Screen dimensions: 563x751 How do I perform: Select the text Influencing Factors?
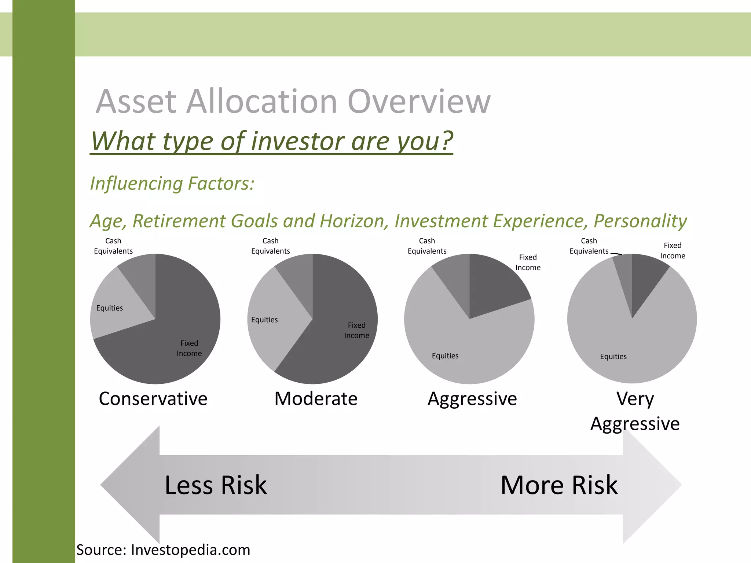point(172,183)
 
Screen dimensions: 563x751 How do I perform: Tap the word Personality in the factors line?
point(640,221)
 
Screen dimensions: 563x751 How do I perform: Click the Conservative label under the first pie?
point(153,398)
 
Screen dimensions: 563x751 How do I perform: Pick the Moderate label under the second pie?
point(316,398)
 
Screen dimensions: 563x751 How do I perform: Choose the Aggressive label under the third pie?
point(472,398)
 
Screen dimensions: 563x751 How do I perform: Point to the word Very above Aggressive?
point(635,398)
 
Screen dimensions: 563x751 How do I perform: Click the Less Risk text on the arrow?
point(216,485)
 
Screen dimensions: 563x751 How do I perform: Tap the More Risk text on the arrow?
point(559,485)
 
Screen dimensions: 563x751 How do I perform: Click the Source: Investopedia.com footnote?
point(163,550)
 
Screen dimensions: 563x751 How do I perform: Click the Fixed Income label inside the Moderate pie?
point(356,330)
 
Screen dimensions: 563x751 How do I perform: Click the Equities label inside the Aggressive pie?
point(445,356)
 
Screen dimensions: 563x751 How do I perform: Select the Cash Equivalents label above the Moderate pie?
point(270,246)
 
